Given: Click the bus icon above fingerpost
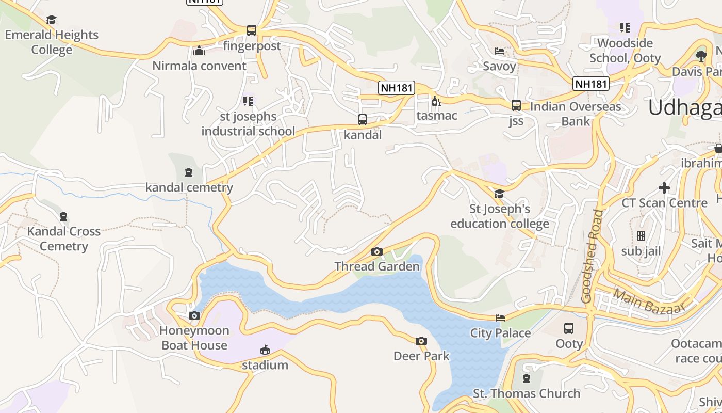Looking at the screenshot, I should pos(251,30).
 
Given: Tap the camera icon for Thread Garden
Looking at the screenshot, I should pos(377,251).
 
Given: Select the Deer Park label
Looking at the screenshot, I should pos(421,356).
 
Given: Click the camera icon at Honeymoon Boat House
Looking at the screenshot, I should pos(194,315).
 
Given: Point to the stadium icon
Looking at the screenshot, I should pos(265,350).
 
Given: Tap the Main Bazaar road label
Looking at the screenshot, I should pos(649,301).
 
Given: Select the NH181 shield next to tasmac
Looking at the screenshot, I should pos(397,88).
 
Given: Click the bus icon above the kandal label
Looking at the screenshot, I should pos(363,120).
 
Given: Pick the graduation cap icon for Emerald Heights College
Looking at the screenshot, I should pos(51,20).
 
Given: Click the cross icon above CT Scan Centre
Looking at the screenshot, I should pos(664,188).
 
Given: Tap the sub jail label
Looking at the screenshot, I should pos(641,251).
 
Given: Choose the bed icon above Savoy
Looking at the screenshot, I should pos(499,51).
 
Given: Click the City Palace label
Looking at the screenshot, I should pos(500,333).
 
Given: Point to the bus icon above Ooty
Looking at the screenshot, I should pos(569,328).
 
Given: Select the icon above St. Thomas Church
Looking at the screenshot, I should pos(526,378).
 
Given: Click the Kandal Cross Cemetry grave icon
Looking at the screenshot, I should pos(63,216).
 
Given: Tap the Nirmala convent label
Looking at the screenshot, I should pos(199,66).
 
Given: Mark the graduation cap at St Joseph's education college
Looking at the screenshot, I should pos(499,194).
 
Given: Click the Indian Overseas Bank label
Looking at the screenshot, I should pos(576,114).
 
